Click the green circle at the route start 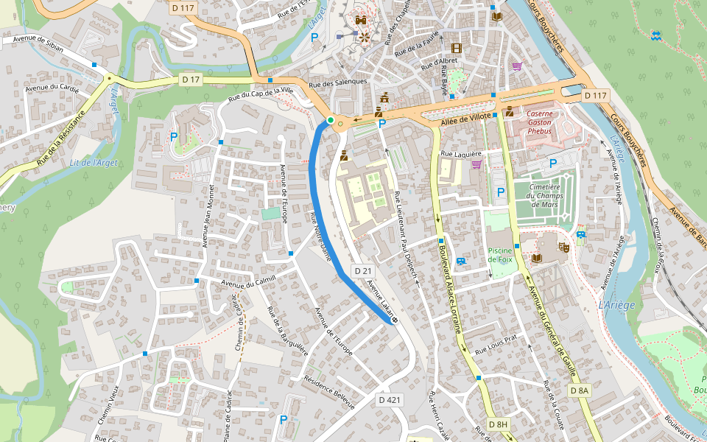click(331, 120)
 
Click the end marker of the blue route click(395, 320)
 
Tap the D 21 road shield click(362, 271)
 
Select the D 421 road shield click(390, 400)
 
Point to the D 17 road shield click(191, 79)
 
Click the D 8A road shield click(580, 390)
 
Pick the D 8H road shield click(499, 425)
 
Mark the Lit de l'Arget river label click(94, 162)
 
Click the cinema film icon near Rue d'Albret click(456, 48)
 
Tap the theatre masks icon click(564, 248)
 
